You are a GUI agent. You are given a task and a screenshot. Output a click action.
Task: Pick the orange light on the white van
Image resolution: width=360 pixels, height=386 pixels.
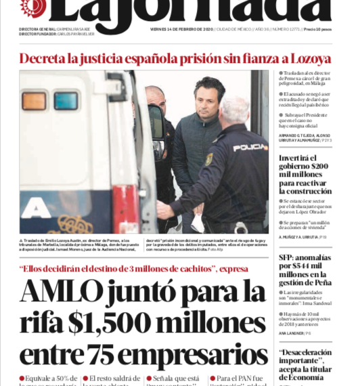(x=34, y=101)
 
